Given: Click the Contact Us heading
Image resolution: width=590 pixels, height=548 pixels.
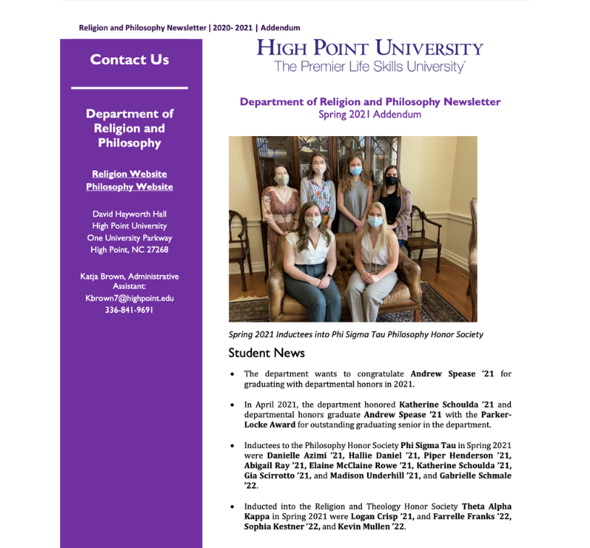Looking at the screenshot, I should tap(130, 60).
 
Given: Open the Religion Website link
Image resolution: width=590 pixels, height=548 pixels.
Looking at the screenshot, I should tap(130, 174).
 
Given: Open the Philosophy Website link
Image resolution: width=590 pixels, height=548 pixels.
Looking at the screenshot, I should tap(130, 187).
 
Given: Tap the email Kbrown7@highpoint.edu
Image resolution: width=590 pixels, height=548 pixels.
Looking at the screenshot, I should tap(130, 298).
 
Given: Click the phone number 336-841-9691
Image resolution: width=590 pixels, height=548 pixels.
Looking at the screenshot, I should tap(130, 310).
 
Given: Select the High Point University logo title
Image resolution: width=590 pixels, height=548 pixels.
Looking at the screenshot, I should tap(369, 49).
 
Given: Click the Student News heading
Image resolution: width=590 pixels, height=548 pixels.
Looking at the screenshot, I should tap(266, 353).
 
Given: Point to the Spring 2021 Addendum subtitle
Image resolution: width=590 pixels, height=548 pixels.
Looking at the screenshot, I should tap(369, 114).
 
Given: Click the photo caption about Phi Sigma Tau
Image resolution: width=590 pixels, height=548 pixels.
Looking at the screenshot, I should tap(355, 334).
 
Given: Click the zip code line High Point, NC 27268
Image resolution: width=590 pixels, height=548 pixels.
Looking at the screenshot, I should tap(130, 250).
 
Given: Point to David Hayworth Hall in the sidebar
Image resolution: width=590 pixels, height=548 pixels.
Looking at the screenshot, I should tap(130, 214).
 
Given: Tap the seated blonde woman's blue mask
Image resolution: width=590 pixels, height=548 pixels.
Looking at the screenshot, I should tap(375, 222).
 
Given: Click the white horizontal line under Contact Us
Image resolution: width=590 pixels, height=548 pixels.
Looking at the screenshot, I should tap(130, 88).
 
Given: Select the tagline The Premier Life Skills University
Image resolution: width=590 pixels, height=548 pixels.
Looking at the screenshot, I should tap(369, 67).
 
